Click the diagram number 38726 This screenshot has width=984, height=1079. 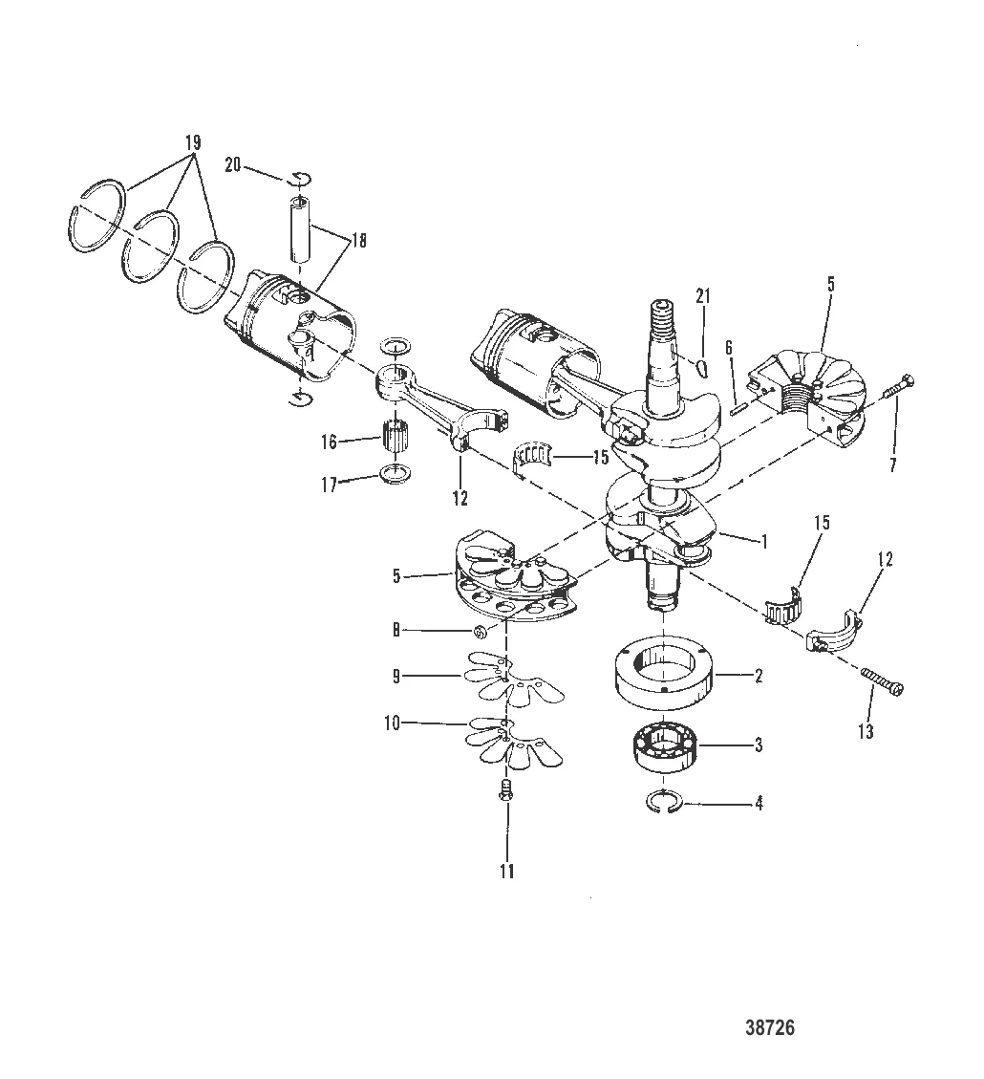(769, 1028)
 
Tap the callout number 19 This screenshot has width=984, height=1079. (192, 143)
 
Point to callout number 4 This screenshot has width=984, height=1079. (759, 804)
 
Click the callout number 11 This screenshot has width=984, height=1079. (506, 871)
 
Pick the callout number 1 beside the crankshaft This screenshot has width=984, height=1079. (764, 540)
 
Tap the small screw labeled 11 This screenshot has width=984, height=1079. (505, 790)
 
